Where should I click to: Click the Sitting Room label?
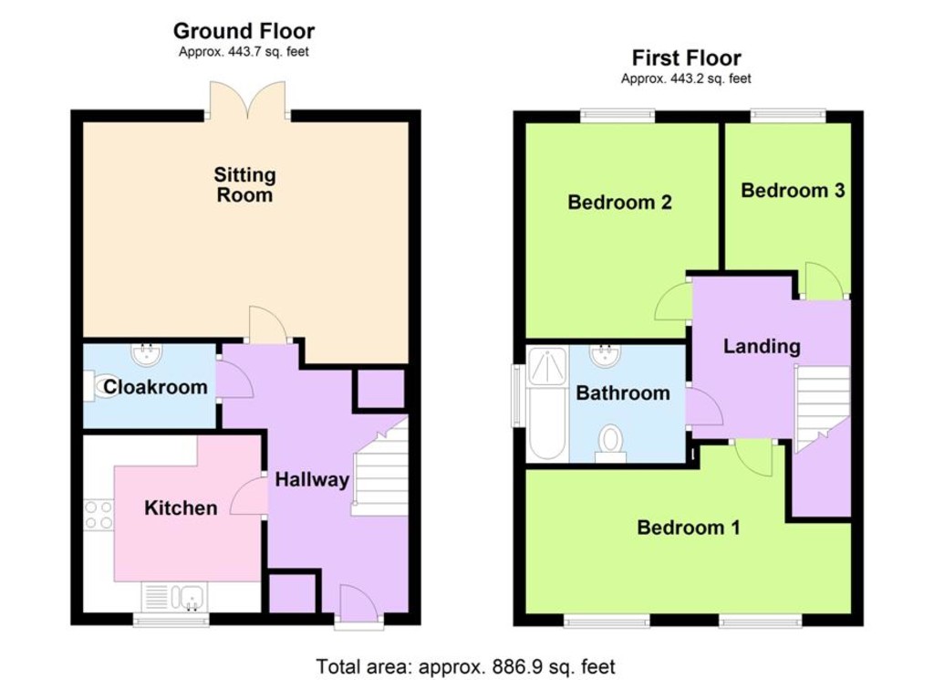pyautogui.click(x=244, y=184)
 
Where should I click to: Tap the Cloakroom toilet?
pyautogui.click(x=100, y=385)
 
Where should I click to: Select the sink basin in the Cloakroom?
pyautogui.click(x=146, y=354)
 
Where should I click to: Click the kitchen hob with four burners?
pyautogui.click(x=99, y=515)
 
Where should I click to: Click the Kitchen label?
pyautogui.click(x=181, y=507)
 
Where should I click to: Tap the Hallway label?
pyautogui.click(x=312, y=480)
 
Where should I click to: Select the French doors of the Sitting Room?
pyautogui.click(x=248, y=99)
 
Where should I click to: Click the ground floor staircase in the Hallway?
pyautogui.click(x=380, y=468)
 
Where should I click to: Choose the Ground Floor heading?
pyautogui.click(x=244, y=30)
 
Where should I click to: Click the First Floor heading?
pyautogui.click(x=686, y=58)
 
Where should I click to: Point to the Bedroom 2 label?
pyautogui.click(x=619, y=202)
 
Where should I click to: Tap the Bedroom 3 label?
pyautogui.click(x=793, y=190)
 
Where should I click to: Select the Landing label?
pyautogui.click(x=762, y=346)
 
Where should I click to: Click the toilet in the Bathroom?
pyautogui.click(x=610, y=444)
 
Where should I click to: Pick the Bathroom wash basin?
pyautogui.click(x=606, y=356)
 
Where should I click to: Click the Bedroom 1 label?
pyautogui.click(x=689, y=528)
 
